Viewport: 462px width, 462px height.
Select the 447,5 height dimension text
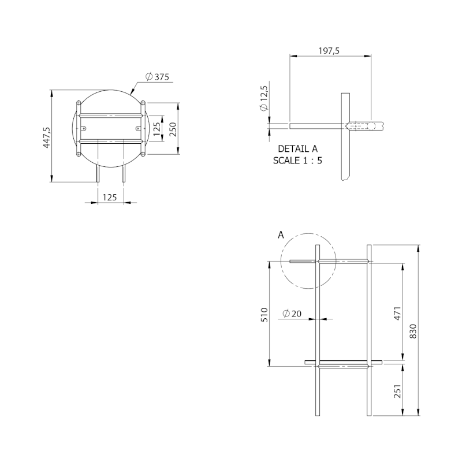coord(47,137)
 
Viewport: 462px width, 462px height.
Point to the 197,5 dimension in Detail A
coord(329,51)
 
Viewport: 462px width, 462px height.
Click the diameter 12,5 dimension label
coord(264,99)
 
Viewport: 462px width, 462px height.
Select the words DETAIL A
coord(297,148)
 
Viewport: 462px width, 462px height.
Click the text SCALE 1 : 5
coord(297,160)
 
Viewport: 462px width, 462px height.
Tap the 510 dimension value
coord(264,314)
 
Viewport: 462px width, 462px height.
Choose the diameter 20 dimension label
coord(292,314)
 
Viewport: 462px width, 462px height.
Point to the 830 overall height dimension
coord(412,330)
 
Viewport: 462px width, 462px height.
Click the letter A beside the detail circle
coord(281,235)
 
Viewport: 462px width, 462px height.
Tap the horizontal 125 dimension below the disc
coord(110,197)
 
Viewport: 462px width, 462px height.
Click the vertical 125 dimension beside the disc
coord(157,128)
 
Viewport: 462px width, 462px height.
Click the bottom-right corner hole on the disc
coord(142,154)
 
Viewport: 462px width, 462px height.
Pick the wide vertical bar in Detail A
coord(345,136)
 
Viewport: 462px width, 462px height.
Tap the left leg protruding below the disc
coord(98,174)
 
